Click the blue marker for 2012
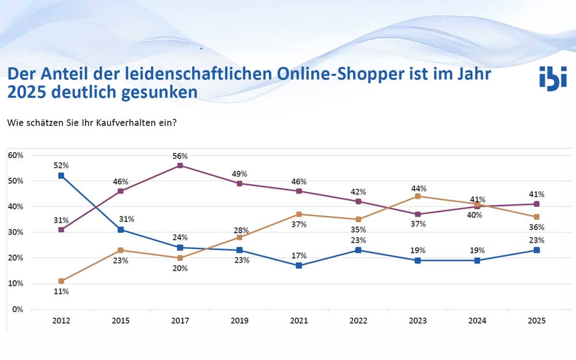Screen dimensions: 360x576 tap(61, 176)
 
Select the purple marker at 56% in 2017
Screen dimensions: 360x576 tap(180, 166)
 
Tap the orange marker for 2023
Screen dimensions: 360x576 tap(418, 196)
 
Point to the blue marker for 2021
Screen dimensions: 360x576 tap(299, 265)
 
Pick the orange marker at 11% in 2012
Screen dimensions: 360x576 tap(61, 281)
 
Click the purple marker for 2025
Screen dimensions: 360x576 tap(537, 204)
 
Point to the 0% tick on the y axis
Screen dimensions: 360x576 tap(18, 309)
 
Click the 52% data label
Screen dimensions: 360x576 tap(61, 166)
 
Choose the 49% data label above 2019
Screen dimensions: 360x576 tap(239, 173)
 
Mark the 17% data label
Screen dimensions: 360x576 tap(299, 256)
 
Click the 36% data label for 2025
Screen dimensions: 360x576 tap(537, 227)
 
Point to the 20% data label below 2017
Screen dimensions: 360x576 tap(180, 268)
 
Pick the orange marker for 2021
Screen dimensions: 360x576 tap(299, 214)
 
